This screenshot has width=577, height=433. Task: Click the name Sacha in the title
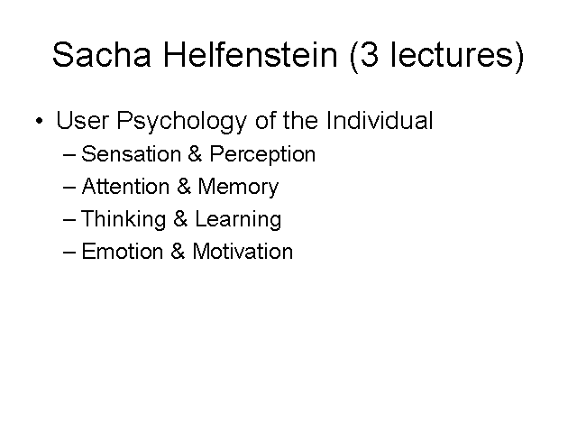[x=102, y=54]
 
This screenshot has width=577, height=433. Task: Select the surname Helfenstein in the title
[x=251, y=54]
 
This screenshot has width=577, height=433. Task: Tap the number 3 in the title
[x=369, y=54]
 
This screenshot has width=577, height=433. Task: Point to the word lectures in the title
[x=453, y=54]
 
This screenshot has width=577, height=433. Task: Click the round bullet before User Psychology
[x=40, y=121]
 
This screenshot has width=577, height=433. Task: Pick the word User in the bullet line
[x=82, y=120]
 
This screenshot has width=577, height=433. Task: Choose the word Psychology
[x=181, y=122]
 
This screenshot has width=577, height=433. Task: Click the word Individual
[x=380, y=120]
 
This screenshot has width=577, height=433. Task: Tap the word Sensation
[x=131, y=153]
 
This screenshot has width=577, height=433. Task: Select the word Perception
[x=262, y=154]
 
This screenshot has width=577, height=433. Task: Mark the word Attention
[x=125, y=186]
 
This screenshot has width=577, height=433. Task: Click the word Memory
[x=238, y=187]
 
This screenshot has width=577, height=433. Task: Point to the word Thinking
[x=124, y=219]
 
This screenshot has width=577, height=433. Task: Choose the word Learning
[x=238, y=219]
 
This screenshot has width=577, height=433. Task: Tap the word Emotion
[x=123, y=252]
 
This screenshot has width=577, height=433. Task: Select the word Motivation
[x=243, y=252]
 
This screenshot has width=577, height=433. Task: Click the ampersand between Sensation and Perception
[x=195, y=153]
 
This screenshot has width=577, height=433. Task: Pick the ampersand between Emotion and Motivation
[x=178, y=252]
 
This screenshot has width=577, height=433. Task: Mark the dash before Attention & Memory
[x=69, y=188]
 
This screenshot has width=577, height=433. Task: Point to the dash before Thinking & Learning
[x=69, y=220]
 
